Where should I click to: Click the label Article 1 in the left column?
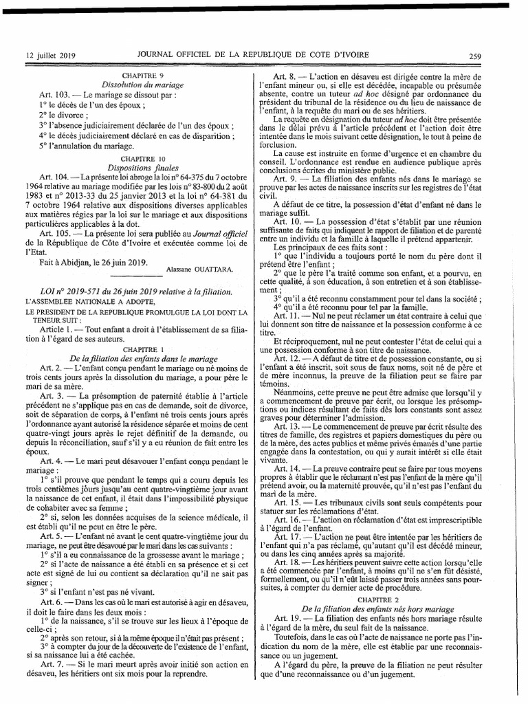[57, 330]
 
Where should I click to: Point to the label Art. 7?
[54, 664]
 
